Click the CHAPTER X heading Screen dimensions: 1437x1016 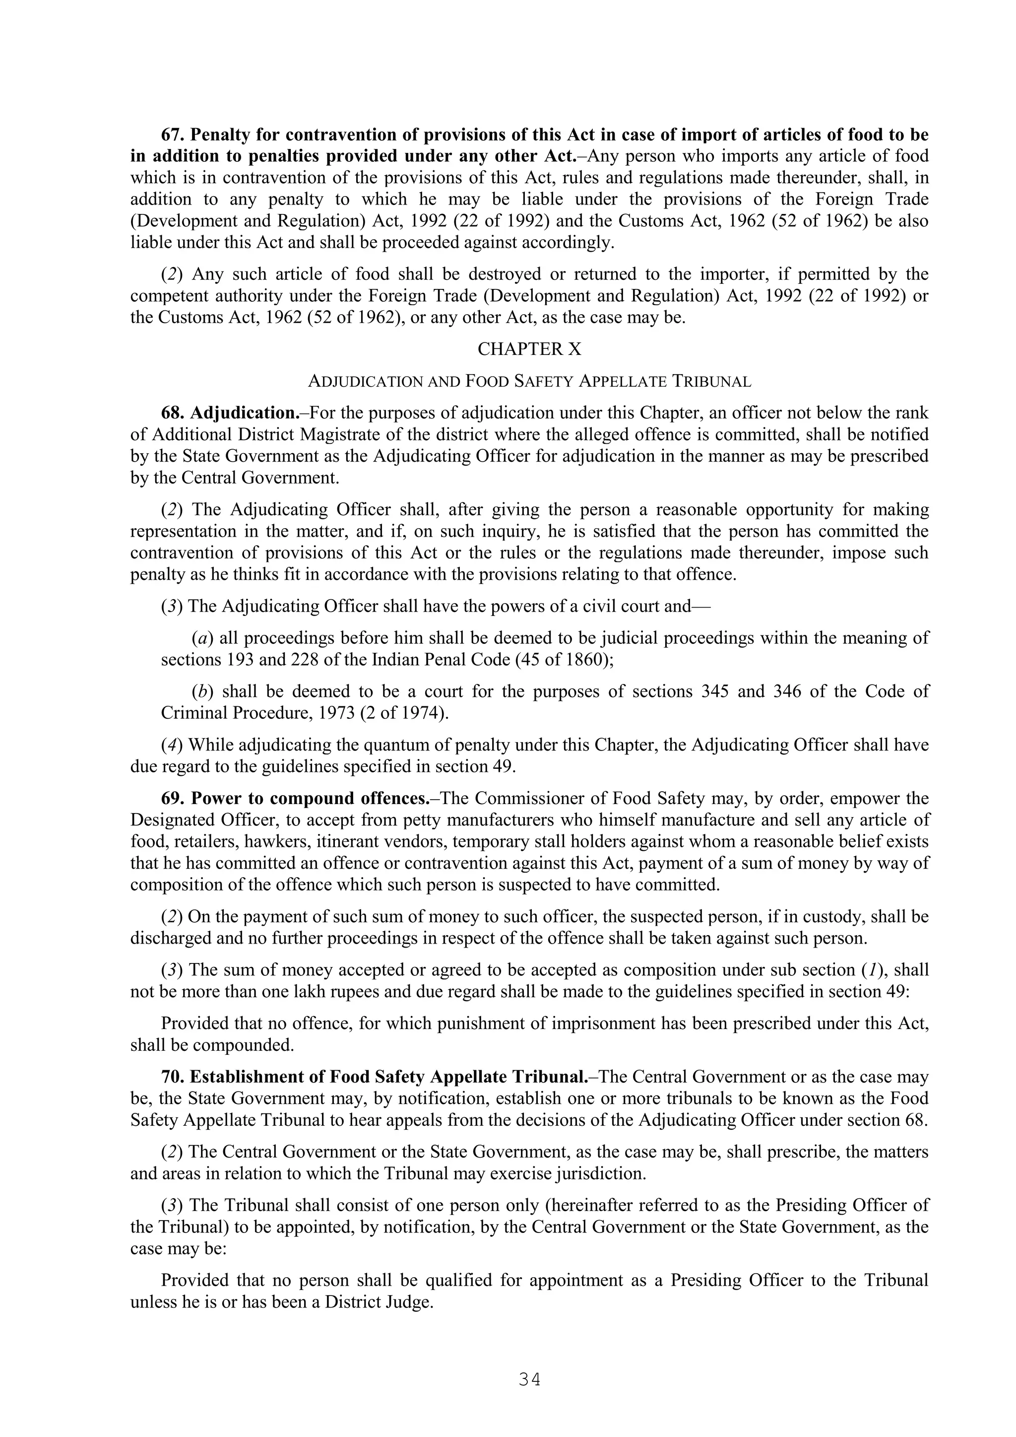click(529, 349)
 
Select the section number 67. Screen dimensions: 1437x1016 click(173, 135)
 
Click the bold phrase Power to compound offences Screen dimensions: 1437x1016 click(309, 799)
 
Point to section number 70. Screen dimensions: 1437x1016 click(173, 1077)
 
